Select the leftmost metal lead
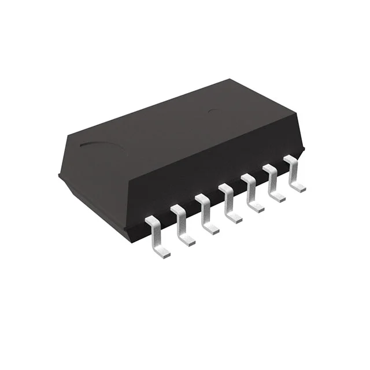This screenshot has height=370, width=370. [x=156, y=235]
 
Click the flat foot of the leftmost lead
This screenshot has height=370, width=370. [x=162, y=251]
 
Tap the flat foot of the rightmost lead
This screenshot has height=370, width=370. [x=299, y=187]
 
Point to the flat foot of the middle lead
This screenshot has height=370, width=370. [x=234, y=218]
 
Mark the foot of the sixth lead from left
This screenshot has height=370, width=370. [x=278, y=197]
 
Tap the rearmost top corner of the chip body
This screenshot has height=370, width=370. [x=230, y=79]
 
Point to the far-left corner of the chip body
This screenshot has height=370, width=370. [x=60, y=173]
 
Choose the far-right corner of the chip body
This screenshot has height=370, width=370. [x=303, y=151]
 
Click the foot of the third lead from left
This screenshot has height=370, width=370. [x=211, y=229]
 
